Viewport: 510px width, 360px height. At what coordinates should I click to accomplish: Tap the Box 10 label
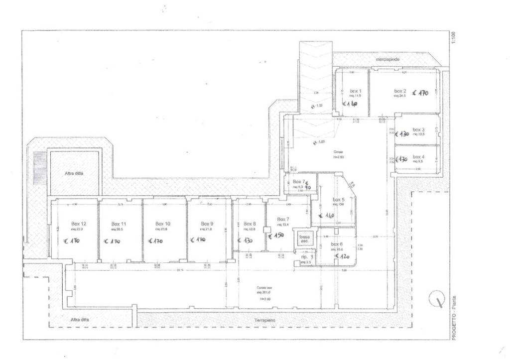(x=163, y=224)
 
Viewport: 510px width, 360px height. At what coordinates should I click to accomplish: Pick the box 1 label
(x=356, y=91)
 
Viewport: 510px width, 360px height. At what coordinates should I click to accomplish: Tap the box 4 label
(x=418, y=157)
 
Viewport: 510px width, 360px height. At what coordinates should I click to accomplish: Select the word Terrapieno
(x=264, y=320)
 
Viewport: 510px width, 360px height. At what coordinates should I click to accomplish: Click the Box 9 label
(x=207, y=224)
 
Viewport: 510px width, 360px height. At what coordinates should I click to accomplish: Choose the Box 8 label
(x=250, y=224)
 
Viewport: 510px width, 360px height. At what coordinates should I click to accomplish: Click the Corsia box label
(x=264, y=288)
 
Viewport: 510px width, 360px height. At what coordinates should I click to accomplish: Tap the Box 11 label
(x=119, y=224)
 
